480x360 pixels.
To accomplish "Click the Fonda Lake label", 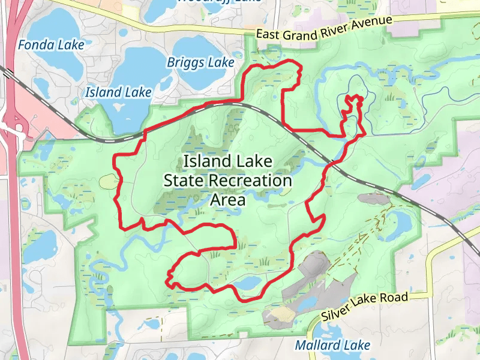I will click(x=51, y=45).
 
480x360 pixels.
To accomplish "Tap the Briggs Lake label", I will click(x=200, y=62).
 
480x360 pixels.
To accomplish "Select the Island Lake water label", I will click(x=118, y=92).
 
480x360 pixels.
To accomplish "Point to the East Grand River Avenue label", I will click(x=324, y=28).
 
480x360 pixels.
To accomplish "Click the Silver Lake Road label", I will click(x=364, y=307).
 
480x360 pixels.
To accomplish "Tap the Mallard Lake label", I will click(x=332, y=346).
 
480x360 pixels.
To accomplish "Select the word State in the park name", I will click(x=185, y=180).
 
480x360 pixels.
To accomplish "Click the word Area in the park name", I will click(x=228, y=199).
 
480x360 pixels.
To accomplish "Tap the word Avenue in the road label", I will click(x=375, y=22).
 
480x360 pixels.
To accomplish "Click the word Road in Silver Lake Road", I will click(x=397, y=298).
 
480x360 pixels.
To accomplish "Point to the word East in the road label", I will click(x=268, y=34).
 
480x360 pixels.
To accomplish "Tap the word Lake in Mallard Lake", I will click(x=358, y=346).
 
